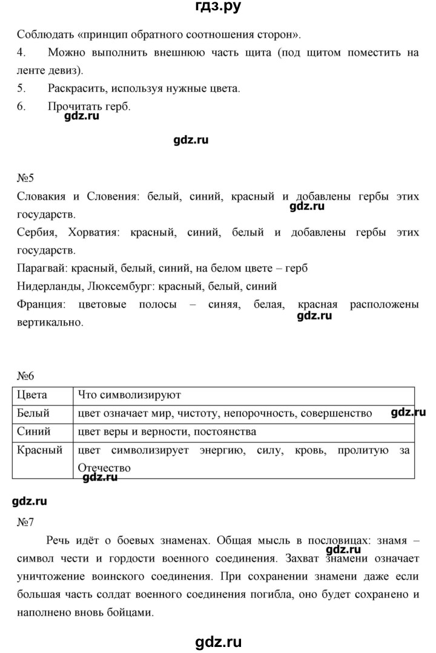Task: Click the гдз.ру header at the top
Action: [x=217, y=8]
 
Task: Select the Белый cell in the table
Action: [x=34, y=413]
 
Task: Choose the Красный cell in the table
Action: [x=39, y=450]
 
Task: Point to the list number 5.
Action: [x=21, y=89]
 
